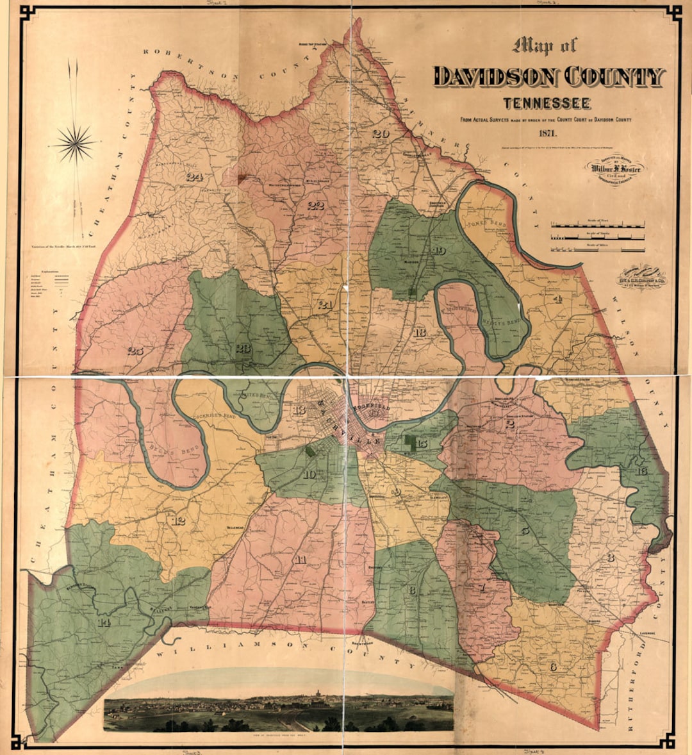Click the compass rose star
pyautogui.click(x=74, y=143)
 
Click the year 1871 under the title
pyautogui.click(x=548, y=134)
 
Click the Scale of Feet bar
pyautogui.click(x=598, y=226)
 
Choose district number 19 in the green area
pyautogui.click(x=439, y=250)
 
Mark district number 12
pyautogui.click(x=179, y=520)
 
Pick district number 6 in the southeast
pyautogui.click(x=553, y=667)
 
